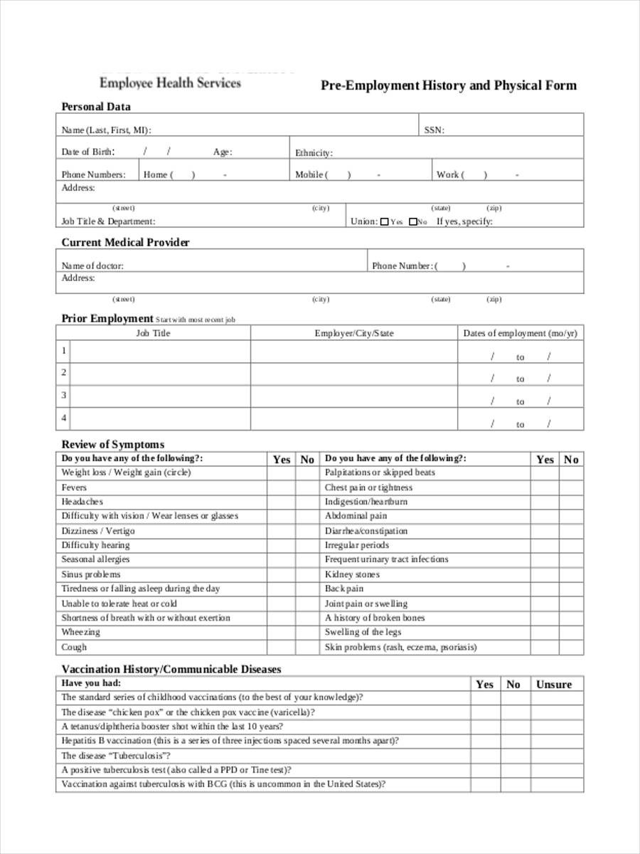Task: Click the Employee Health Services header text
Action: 170,83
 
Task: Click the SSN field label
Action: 434,130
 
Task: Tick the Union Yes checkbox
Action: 385,222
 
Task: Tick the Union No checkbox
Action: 412,222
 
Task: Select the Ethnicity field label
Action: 314,153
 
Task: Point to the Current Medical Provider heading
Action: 125,243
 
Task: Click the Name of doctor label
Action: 92,266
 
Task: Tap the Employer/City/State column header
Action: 354,333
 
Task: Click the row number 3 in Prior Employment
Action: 64,395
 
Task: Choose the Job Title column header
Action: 153,333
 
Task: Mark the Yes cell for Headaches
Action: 281,502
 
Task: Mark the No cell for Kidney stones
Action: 571,574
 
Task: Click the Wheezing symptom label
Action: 80,632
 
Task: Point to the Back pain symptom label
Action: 344,589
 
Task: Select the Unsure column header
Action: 554,685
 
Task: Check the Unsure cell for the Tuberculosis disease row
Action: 554,756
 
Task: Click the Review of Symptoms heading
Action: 112,445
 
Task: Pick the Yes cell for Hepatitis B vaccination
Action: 484,741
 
